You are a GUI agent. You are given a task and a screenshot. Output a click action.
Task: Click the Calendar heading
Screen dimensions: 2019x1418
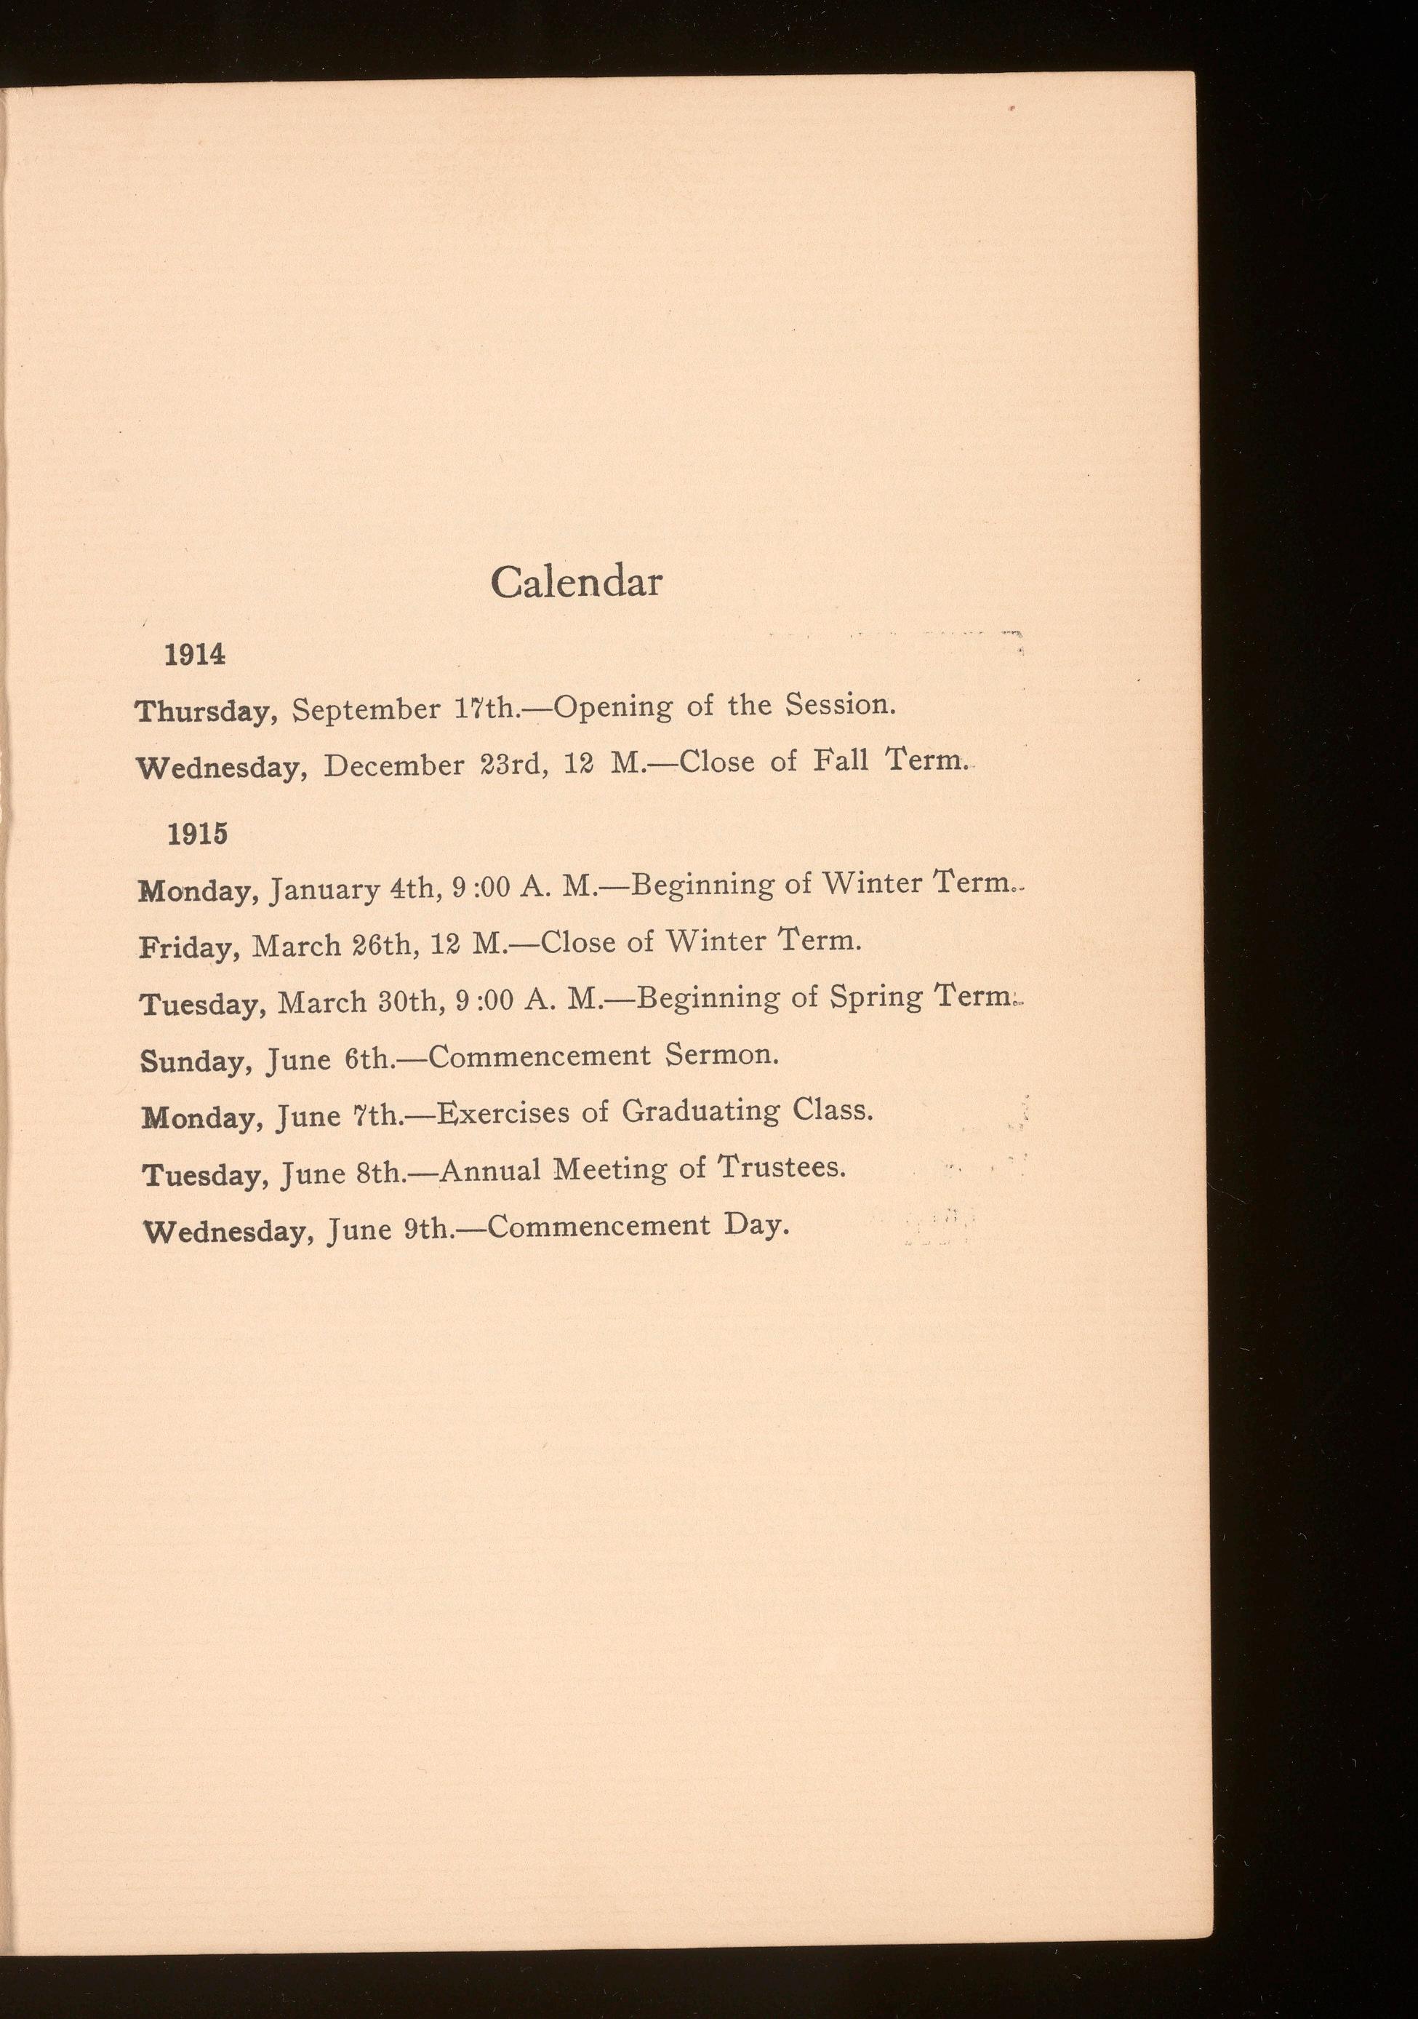coord(576,582)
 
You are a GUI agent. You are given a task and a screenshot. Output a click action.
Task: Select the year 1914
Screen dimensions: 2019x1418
coord(195,654)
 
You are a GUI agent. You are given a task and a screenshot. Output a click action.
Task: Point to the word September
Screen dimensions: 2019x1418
coord(366,709)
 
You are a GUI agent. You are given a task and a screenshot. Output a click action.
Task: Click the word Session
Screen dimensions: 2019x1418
coord(840,704)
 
